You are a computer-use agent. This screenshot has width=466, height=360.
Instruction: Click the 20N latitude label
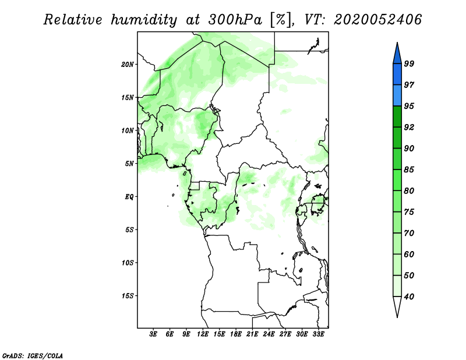tap(128, 64)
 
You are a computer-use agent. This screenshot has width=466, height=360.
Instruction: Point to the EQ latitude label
tap(129, 196)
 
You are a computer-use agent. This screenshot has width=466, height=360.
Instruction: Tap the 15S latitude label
tap(128, 296)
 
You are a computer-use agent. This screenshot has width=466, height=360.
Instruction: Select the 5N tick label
tap(129, 164)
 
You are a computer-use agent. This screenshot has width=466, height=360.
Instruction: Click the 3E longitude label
tap(153, 334)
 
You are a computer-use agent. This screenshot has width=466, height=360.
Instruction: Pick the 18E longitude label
tap(236, 334)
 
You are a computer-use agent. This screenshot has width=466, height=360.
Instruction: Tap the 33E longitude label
tap(318, 334)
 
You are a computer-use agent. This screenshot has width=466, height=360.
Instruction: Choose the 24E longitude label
tap(269, 334)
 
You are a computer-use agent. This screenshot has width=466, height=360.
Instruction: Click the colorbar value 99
tap(409, 63)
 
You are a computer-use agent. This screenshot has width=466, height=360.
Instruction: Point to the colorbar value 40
tap(409, 297)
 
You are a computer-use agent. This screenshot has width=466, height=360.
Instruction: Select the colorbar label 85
tap(409, 170)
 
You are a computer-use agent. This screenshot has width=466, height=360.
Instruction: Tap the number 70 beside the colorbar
tap(409, 233)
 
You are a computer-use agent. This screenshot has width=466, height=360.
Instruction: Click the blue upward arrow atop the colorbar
tap(397, 54)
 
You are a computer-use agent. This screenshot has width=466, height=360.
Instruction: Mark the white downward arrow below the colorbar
tap(397, 306)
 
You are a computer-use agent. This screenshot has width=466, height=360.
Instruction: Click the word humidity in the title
tap(144, 20)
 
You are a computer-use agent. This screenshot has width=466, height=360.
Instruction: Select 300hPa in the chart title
tap(235, 20)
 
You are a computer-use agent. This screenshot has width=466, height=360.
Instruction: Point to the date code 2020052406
tap(377, 20)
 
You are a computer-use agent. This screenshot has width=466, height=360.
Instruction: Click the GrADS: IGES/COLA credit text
tap(33, 355)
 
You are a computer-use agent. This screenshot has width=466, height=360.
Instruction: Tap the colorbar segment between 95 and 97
tap(397, 96)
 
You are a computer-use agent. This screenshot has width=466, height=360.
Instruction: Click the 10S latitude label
tap(128, 263)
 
